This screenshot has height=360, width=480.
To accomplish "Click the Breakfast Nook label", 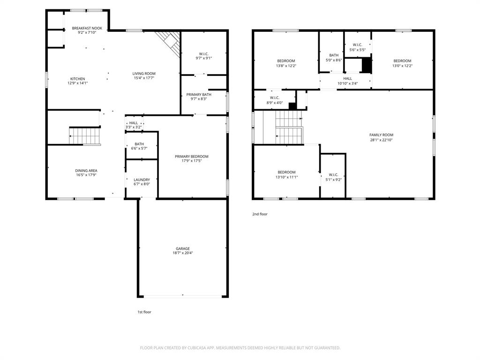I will [87, 29].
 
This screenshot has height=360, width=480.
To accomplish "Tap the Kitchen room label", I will [77, 79].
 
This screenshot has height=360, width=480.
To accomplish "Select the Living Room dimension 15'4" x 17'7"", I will [144, 78].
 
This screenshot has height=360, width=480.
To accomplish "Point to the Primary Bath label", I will [199, 94].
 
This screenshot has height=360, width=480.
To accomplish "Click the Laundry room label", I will [142, 180].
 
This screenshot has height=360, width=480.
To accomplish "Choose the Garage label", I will [183, 248].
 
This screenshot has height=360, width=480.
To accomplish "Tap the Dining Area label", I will [86, 171].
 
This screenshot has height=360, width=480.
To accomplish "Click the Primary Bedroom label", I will [192, 157].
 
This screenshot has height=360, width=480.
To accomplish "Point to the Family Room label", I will [381, 135].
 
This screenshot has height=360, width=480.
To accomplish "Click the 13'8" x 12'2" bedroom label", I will [286, 61].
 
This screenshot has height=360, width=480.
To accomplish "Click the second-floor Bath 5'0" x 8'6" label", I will [333, 55].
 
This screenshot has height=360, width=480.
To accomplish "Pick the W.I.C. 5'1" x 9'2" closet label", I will [333, 175].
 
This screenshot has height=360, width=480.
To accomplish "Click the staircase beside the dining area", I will [85, 136].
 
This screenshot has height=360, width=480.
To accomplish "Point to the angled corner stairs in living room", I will [170, 42].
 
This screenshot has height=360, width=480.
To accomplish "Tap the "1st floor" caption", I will [144, 312].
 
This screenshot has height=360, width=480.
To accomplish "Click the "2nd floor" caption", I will [260, 214].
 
